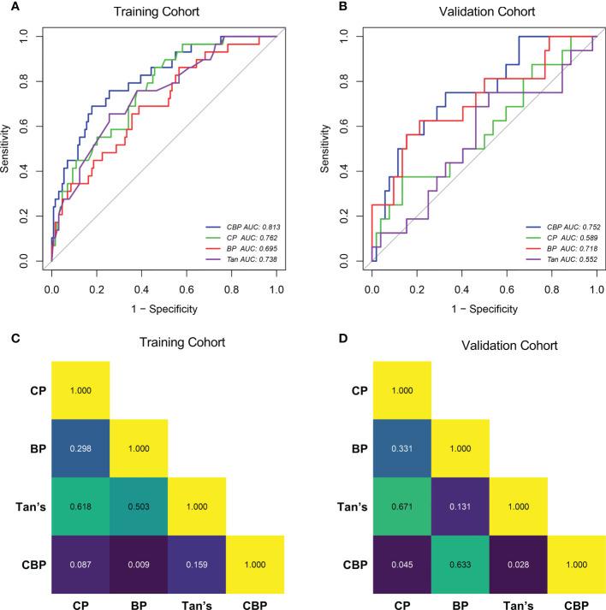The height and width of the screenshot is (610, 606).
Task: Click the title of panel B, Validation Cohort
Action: (x=463, y=14)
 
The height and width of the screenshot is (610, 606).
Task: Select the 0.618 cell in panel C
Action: (x=80, y=506)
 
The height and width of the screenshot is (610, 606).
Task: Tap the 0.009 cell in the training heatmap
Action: (x=139, y=565)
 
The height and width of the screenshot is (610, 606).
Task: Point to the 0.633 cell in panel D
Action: (x=460, y=565)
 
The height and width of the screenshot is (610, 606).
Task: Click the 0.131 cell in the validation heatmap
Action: (x=460, y=506)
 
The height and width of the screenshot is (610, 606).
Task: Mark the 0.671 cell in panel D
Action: (x=401, y=506)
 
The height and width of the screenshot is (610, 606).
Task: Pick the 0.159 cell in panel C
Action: (x=197, y=565)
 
